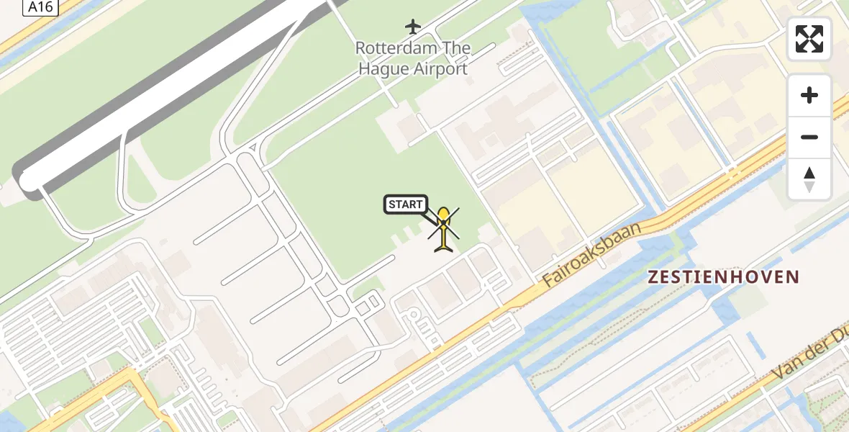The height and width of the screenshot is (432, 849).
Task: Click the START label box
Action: click(406, 204)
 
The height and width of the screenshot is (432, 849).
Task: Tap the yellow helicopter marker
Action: click(444, 229)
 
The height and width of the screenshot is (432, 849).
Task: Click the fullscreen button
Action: click(809, 39)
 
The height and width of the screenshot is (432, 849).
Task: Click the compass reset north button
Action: click(809, 179)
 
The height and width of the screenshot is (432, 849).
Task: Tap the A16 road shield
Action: click(41, 7)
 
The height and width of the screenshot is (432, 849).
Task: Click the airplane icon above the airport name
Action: click(412, 27)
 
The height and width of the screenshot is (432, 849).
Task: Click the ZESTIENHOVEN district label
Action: click(724, 276)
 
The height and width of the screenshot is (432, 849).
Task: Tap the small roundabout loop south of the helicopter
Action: click(412, 315)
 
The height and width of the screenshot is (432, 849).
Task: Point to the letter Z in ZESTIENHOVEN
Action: click(653, 276)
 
